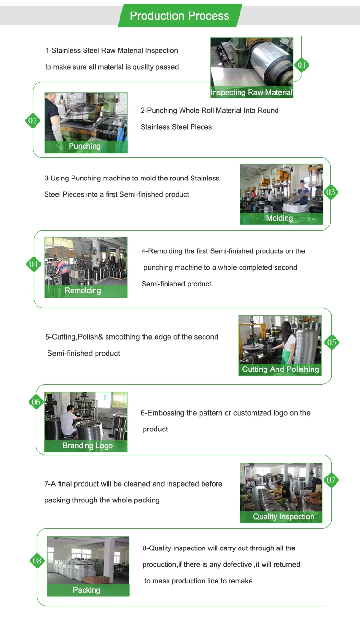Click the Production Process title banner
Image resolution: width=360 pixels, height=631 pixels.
coord(180,16)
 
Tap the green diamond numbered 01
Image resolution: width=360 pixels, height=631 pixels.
coord(301,65)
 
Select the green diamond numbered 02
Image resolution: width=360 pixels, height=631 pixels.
coord(33,120)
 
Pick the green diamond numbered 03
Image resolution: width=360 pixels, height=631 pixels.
coord(330,192)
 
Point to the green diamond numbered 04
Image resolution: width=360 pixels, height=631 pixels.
coord(33,264)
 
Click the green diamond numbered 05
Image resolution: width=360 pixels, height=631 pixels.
coord(332,342)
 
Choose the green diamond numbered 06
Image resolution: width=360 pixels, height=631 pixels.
coord(36,402)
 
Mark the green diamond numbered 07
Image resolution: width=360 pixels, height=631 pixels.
coord(331,480)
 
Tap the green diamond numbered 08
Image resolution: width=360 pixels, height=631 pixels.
coord(37,560)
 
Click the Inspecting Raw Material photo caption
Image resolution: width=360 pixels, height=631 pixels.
coord(252,93)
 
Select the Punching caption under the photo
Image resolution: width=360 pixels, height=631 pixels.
coord(84,146)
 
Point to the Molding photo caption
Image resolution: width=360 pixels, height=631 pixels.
coord(279,218)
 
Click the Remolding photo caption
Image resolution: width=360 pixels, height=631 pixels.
coord(83,290)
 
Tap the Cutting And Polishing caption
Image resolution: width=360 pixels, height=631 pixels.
coord(280,369)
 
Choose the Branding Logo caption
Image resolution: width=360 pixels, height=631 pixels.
coord(88,445)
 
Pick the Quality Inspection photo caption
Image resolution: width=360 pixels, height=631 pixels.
coord(283,517)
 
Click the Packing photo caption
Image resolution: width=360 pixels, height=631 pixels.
coord(86,590)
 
